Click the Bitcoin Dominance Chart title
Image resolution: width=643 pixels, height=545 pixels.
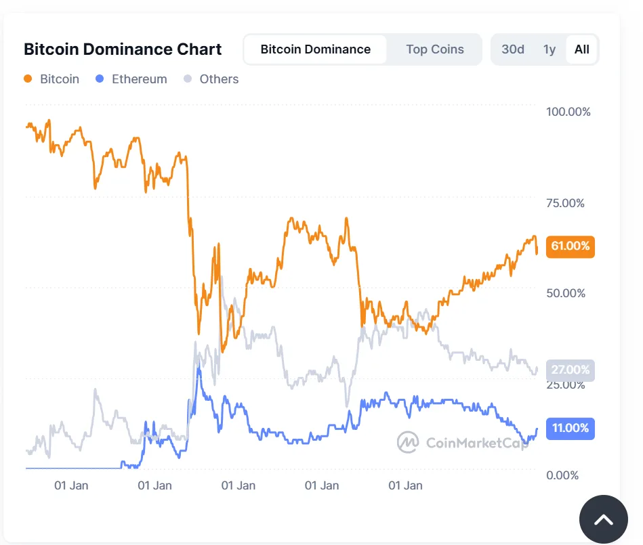(x=123, y=49)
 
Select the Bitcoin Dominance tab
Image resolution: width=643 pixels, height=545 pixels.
(x=315, y=49)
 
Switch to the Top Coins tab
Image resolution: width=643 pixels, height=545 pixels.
(x=435, y=49)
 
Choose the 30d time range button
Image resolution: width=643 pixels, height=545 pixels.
(x=513, y=49)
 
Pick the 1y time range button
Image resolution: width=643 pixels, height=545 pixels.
(x=549, y=49)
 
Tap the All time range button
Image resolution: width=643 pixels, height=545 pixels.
(x=581, y=49)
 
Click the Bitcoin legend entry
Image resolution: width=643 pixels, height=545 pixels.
(x=52, y=79)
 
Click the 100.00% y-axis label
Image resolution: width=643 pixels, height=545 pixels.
(x=568, y=112)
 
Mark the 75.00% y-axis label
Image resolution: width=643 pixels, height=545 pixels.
(x=565, y=203)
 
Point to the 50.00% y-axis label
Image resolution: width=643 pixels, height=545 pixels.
(x=565, y=293)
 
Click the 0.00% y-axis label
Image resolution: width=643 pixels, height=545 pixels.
(x=562, y=475)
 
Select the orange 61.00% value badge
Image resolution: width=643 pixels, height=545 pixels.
(x=570, y=246)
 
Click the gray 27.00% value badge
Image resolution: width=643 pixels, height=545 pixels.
(x=570, y=370)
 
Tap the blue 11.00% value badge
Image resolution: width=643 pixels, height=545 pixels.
(x=570, y=428)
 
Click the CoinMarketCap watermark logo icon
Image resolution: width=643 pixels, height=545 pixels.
(x=408, y=442)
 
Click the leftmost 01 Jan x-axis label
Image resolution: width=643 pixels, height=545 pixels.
(x=71, y=485)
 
